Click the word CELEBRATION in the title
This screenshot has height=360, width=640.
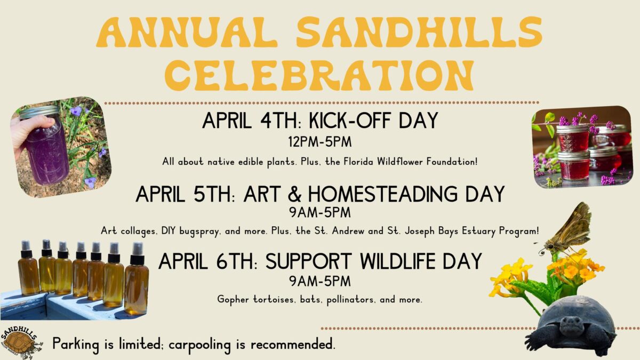319,75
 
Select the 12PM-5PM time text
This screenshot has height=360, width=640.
319,142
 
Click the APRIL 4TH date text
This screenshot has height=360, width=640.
250,121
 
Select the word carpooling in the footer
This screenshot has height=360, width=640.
199,345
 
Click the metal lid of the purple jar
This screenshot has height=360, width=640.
39,112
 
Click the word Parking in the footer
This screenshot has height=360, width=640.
76,343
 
